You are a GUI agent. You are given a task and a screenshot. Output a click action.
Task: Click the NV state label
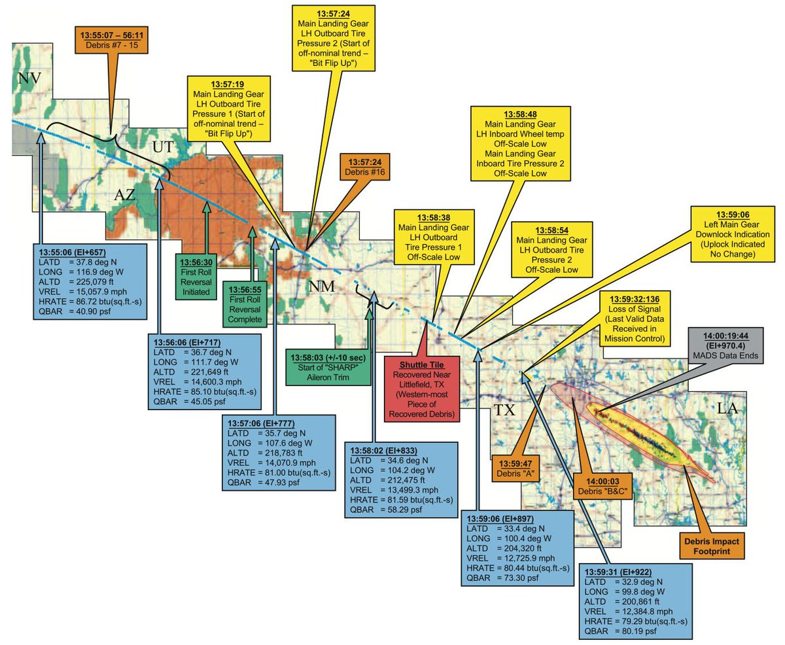click(x=29, y=80)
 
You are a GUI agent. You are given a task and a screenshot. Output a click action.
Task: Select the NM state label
click(x=322, y=286)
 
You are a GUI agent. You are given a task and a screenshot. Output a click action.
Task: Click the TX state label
click(x=504, y=410)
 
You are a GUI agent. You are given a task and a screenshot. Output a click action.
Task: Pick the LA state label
click(x=728, y=408)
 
